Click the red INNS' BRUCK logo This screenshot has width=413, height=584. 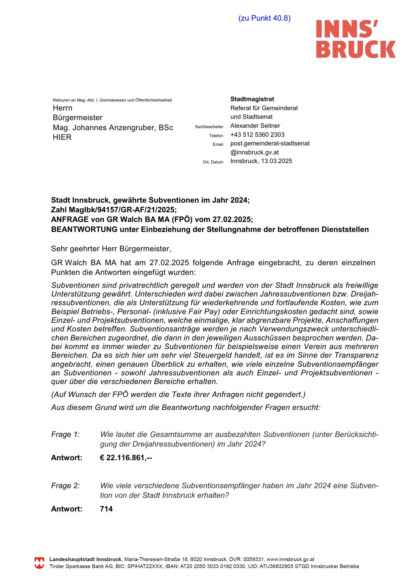coord(355,39)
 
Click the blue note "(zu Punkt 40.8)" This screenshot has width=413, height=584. coord(264,18)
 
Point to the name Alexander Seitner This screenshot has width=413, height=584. coord(255,126)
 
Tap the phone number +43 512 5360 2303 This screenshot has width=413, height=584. coord(257,135)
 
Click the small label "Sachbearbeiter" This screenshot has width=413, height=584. coord(209,127)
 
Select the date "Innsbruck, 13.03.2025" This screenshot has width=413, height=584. coord(261,161)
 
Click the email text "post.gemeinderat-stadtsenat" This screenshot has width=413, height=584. coord(270,143)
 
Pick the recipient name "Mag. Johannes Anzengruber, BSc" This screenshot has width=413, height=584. coord(113,128)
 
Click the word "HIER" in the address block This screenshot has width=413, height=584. coord(62,137)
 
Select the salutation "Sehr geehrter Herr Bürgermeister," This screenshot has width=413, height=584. coord(111,249)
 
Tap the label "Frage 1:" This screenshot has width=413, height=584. coord(65,435)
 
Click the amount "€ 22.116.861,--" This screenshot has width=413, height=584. coord(126,458)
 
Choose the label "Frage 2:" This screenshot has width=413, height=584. coord(65,486)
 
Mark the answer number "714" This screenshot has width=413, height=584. coord(106,509)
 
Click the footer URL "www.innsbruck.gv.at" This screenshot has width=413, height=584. coord(291,559)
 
